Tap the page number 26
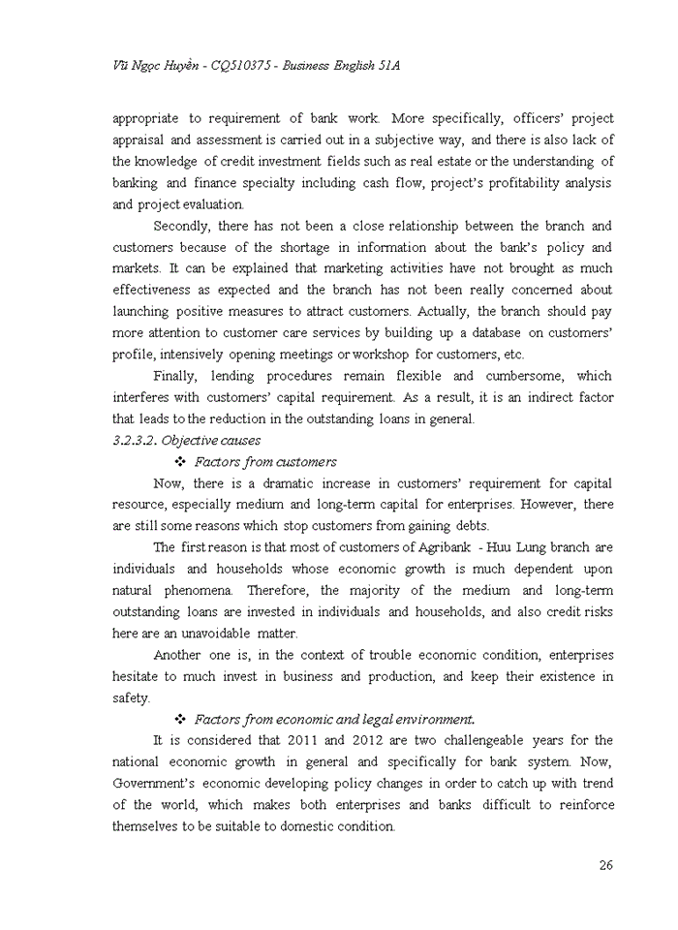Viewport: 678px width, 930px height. pos(605,865)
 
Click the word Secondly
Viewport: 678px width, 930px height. pos(184,226)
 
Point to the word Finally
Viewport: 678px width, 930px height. pos(176,376)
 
